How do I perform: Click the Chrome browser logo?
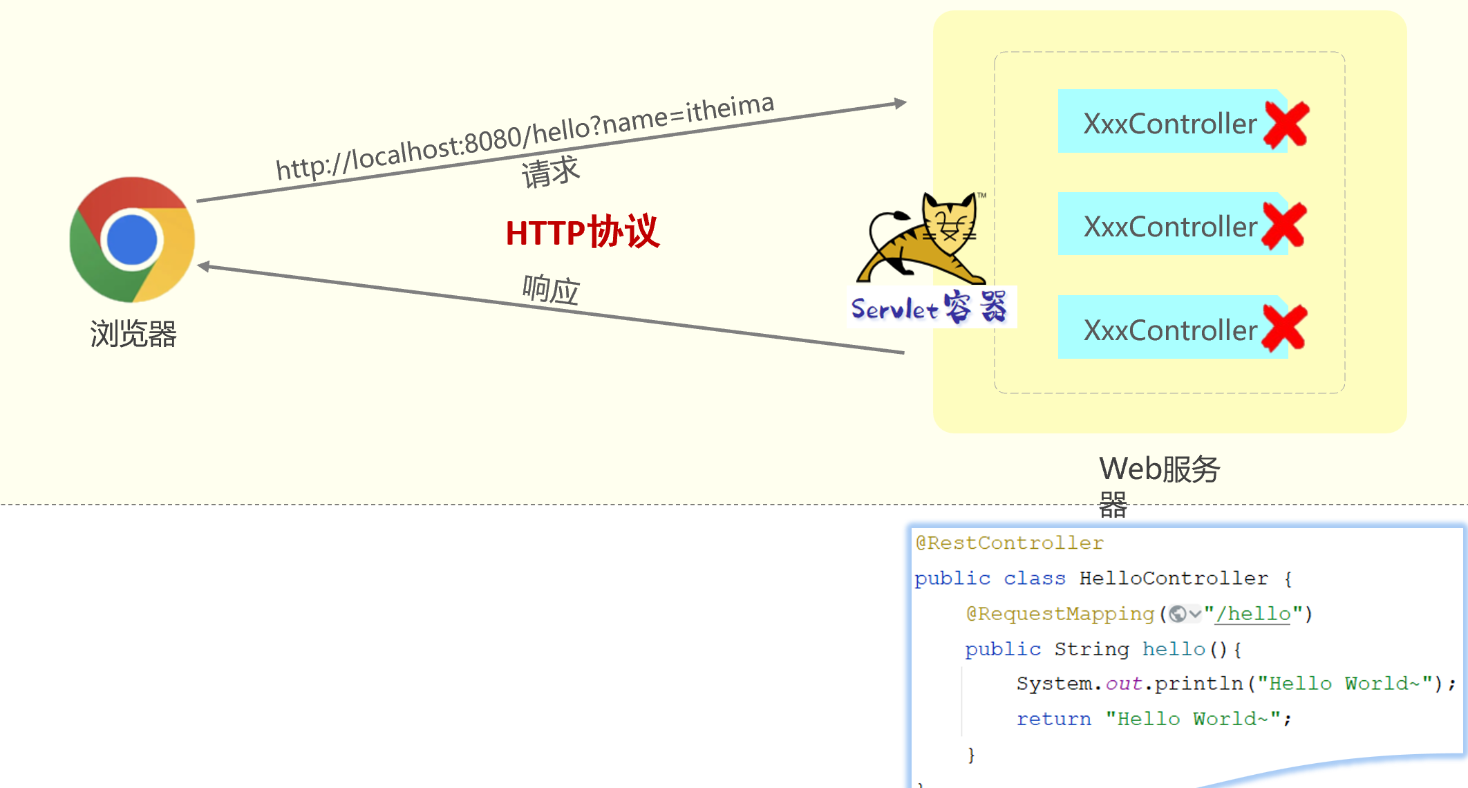pos(132,239)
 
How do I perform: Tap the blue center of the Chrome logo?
pos(132,240)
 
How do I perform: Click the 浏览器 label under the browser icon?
pos(133,334)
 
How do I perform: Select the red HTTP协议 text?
pos(583,232)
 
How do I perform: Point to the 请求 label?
pos(550,171)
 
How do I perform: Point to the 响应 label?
pos(551,289)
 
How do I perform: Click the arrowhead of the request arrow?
pos(900,104)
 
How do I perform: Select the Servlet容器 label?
pos(930,308)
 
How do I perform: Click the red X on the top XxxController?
pos(1286,124)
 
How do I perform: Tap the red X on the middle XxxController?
pos(1283,226)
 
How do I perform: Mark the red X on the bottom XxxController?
pos(1284,328)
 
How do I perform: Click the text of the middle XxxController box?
pos(1170,227)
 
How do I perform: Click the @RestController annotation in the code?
pos(1009,543)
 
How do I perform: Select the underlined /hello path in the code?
pos(1253,614)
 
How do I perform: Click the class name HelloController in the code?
pos(1174,579)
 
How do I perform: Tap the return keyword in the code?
pos(1053,719)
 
